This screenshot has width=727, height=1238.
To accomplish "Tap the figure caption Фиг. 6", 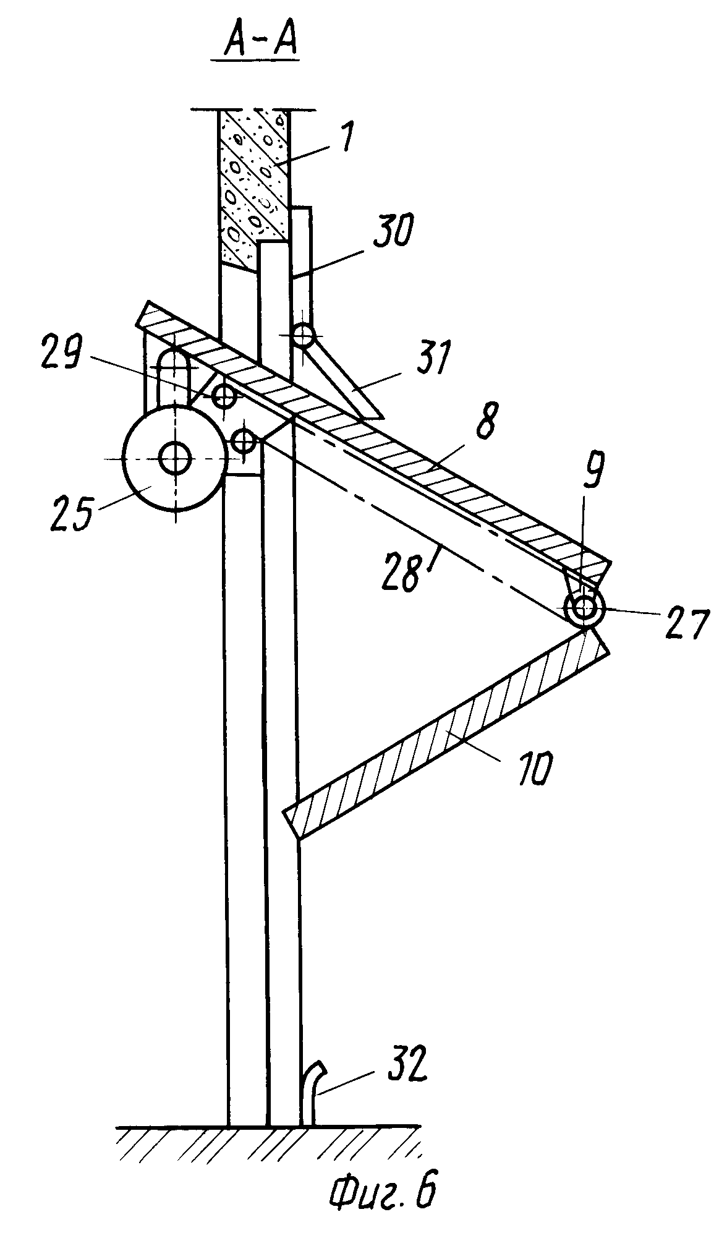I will point(381,1203).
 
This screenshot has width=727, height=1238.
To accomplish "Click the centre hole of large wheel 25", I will point(175,458).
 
